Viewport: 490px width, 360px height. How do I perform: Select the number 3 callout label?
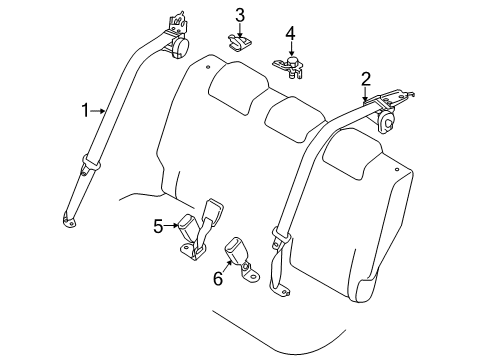pyautogui.click(x=240, y=14)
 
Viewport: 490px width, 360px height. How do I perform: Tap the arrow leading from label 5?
pyautogui.click(x=172, y=225)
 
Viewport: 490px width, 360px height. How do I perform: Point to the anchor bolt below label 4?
pyautogui.click(x=292, y=67)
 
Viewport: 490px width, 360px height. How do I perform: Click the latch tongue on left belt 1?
pyautogui.click(x=93, y=161)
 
